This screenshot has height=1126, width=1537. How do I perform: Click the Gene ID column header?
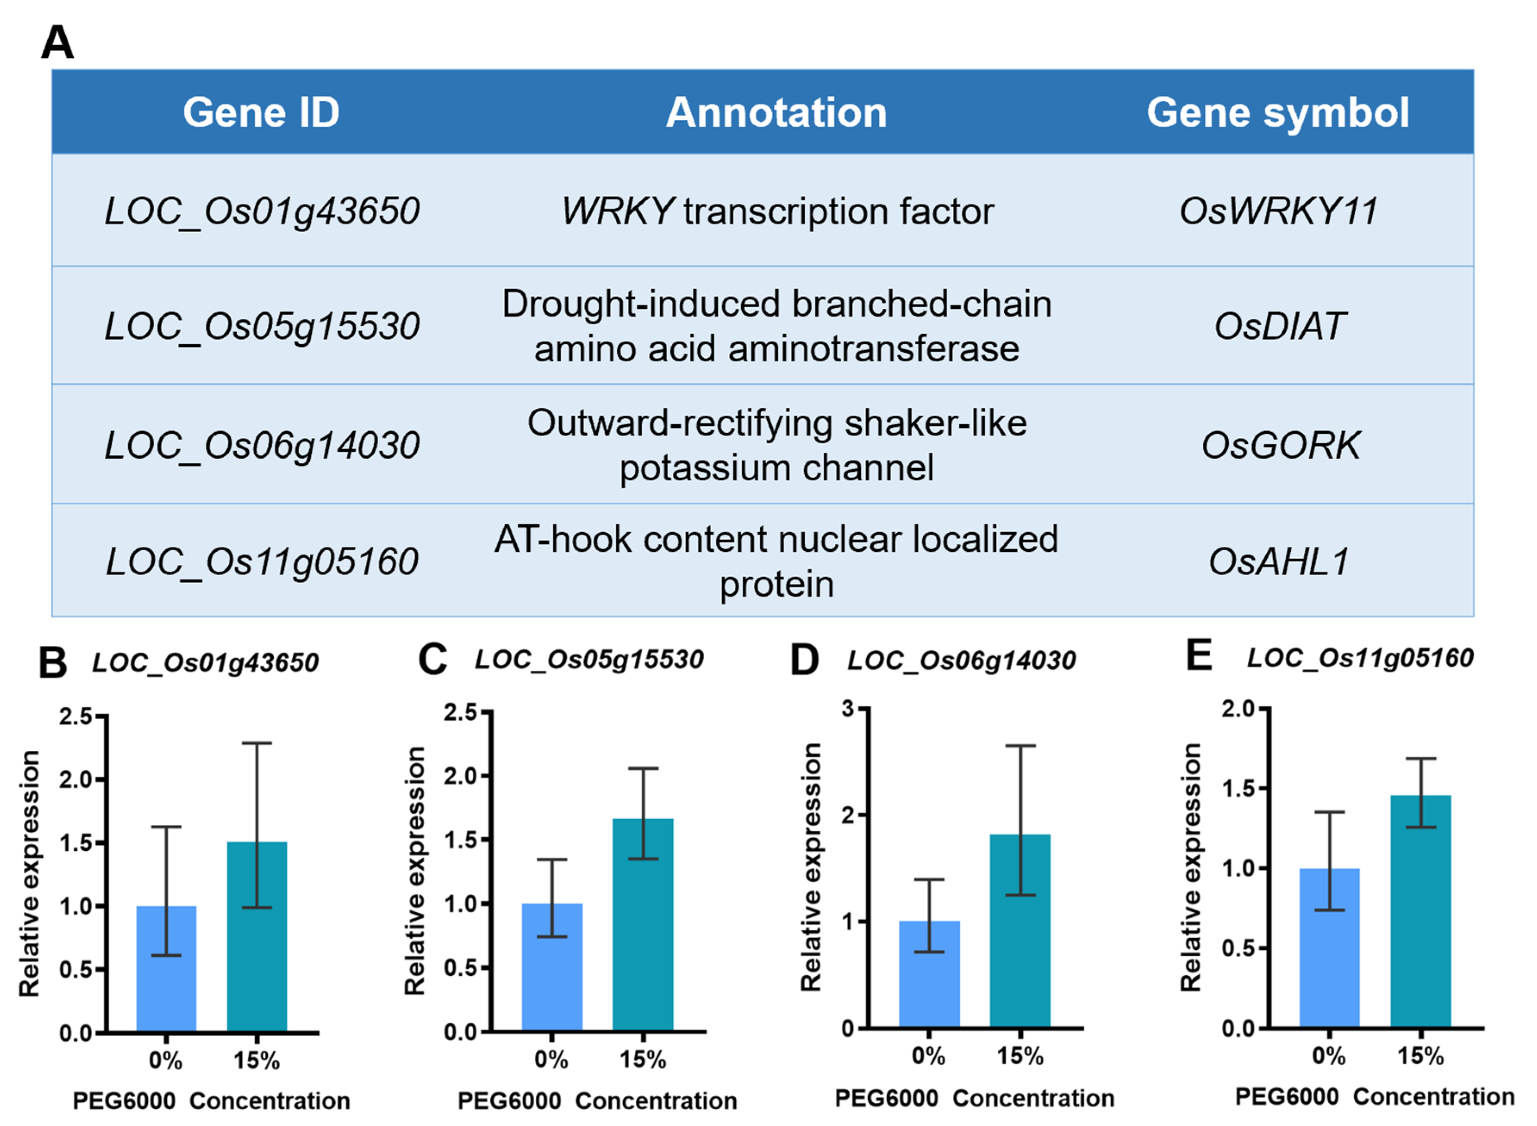[x=261, y=112]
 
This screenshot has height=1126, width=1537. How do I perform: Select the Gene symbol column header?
[x=1277, y=112]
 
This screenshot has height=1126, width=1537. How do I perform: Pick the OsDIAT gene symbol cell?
[x=1279, y=326]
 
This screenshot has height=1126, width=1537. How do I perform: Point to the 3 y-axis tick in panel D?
[x=848, y=709]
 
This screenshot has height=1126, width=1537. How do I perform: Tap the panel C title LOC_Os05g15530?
[x=589, y=659]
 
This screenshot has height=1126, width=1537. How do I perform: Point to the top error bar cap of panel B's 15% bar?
[x=257, y=743]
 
